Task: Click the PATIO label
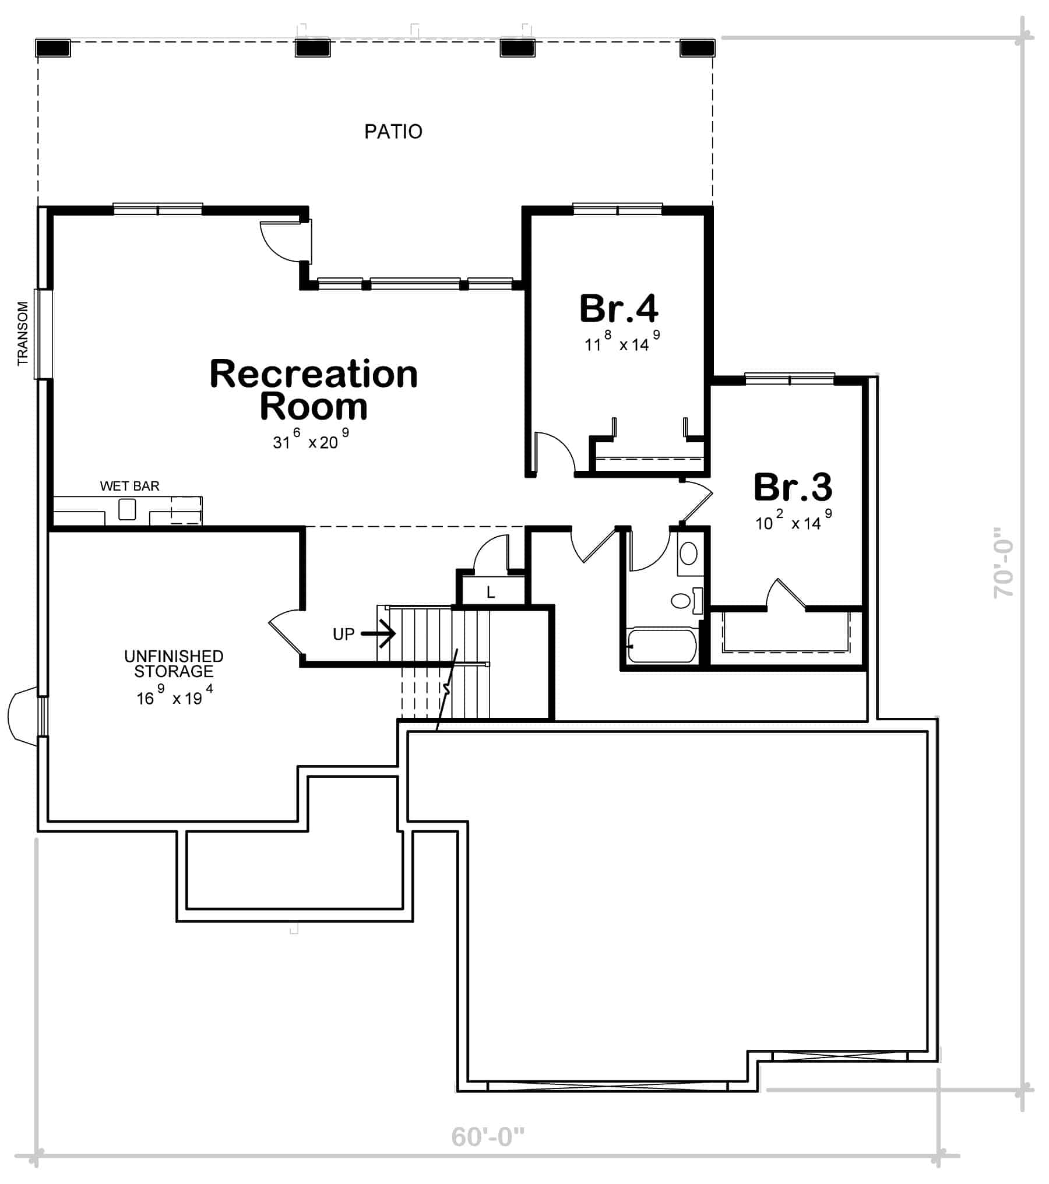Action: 393,132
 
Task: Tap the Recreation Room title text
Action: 314,390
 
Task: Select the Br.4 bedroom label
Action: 619,308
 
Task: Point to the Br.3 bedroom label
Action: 793,487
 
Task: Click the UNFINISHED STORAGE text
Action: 174,664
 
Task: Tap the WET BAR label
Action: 129,486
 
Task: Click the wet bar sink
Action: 127,509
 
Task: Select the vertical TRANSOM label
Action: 23,333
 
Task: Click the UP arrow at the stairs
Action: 378,633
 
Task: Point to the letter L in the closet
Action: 491,593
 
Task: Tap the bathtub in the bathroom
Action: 662,646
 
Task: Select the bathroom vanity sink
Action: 688,554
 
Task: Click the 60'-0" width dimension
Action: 488,1137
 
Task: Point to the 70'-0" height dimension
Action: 1004,562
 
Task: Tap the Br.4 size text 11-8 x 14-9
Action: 622,341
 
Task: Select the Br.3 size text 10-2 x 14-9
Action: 794,520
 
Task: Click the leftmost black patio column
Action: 53,48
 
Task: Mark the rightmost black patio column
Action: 697,48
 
